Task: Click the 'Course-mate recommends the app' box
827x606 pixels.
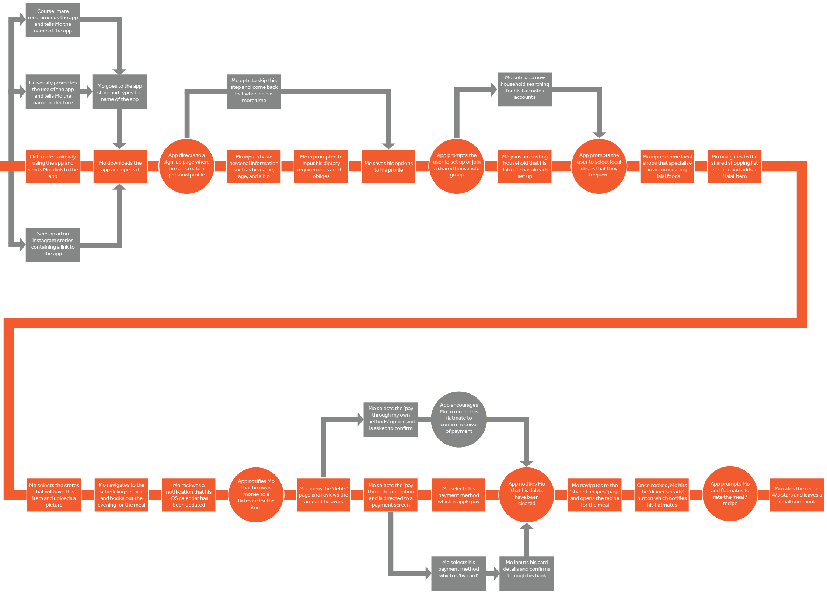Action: [53, 20]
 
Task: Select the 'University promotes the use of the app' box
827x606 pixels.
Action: [53, 92]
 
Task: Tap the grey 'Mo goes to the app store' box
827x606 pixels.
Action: [119, 92]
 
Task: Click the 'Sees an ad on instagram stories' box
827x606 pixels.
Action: [53, 244]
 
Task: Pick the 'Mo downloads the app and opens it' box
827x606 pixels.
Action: [120, 166]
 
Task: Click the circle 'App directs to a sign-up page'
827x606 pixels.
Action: [187, 166]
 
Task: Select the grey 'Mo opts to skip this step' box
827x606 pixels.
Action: [254, 91]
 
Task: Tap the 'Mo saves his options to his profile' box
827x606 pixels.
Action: [388, 166]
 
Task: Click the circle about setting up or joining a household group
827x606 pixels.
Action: [457, 166]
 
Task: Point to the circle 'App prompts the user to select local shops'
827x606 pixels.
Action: [599, 166]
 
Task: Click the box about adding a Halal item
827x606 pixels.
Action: [734, 166]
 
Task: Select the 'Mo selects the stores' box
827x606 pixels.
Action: [54, 495]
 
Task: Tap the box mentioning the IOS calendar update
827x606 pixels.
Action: [189, 495]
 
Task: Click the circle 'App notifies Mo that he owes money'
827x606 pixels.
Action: [256, 494]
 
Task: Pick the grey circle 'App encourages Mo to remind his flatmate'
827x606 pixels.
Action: [459, 418]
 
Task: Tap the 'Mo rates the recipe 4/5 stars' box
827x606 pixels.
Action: [797, 495]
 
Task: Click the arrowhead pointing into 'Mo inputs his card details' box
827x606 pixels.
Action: [496, 573]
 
